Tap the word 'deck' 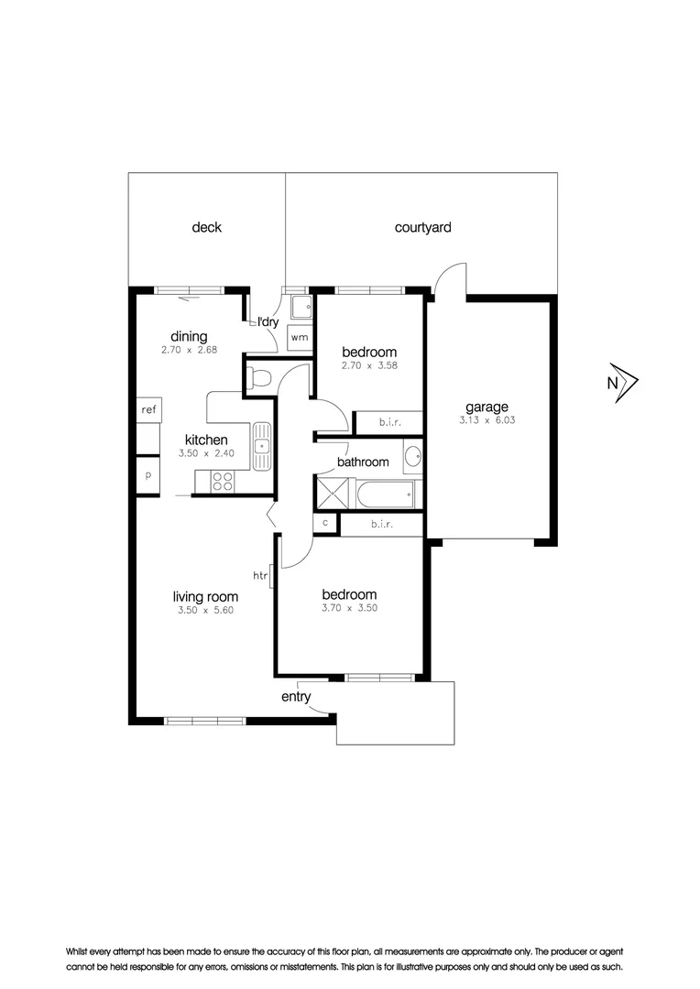click(206, 227)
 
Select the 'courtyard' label click(422, 227)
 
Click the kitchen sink click(263, 446)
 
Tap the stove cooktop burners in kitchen click(223, 480)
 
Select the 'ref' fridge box click(148, 410)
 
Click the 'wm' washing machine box click(300, 337)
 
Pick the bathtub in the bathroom click(385, 494)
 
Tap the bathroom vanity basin click(412, 456)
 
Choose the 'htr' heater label click(259, 575)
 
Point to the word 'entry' click(296, 697)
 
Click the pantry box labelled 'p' click(148, 474)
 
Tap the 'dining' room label click(189, 336)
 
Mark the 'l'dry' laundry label click(267, 321)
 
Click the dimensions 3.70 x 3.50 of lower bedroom click(349, 607)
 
